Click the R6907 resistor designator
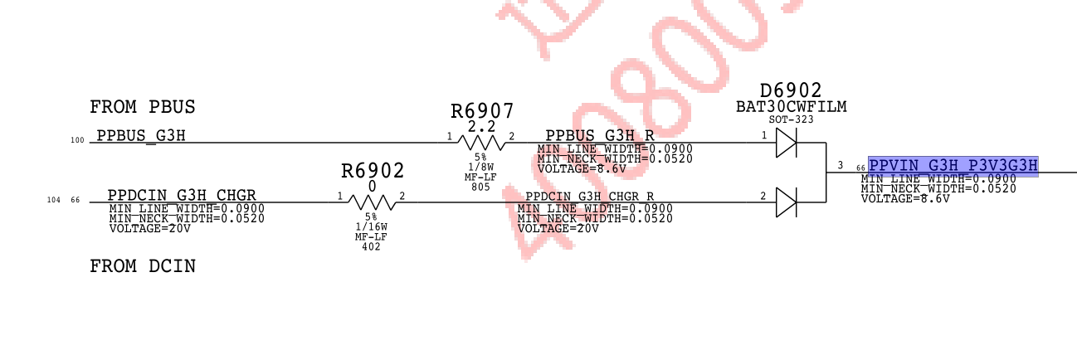point(482,111)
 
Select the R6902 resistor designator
point(373,171)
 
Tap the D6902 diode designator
point(791,90)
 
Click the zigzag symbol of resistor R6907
point(481,143)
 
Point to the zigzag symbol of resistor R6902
point(372,202)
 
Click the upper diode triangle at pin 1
point(786,144)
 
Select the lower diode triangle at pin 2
point(786,202)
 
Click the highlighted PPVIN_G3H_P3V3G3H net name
point(953,165)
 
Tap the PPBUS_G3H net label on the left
point(141,136)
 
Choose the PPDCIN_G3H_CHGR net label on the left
point(188,196)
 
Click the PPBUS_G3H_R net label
point(600,135)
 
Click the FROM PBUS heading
point(143,107)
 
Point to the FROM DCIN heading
point(143,266)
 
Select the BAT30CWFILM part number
point(792,106)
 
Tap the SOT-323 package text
point(791,119)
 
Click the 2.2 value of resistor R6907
point(481,126)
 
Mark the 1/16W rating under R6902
point(371,226)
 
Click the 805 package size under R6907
point(480,187)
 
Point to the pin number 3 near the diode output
point(840,166)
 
